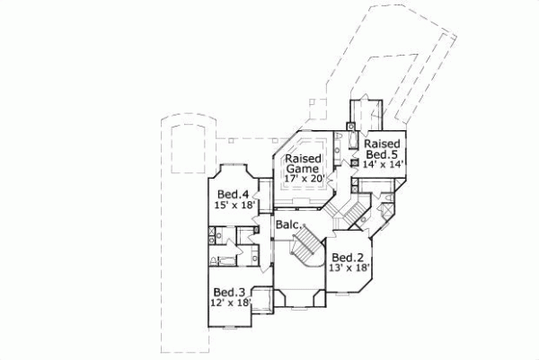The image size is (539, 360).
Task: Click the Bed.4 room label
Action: tap(233, 195)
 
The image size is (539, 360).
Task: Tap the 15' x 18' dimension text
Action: tap(236, 206)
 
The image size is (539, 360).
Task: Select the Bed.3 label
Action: tap(229, 292)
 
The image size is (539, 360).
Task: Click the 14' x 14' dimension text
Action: tap(384, 165)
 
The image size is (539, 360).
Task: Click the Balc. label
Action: tap(287, 224)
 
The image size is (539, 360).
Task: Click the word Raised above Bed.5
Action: tap(382, 145)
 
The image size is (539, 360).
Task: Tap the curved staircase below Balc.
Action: tap(309, 246)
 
